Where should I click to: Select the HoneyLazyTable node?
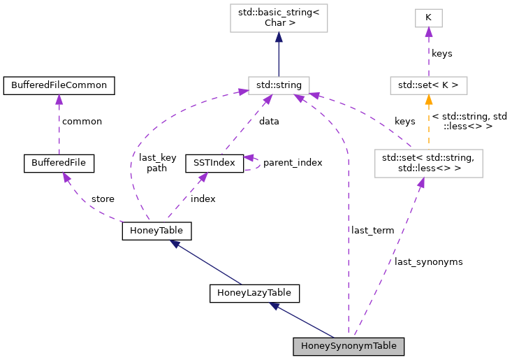254,293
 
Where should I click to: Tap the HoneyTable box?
156,231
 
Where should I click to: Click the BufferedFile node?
59,163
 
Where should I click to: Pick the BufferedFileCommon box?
59,85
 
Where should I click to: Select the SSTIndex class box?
214,163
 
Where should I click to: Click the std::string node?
279,85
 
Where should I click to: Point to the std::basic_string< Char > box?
279,17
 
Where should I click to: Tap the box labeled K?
428,17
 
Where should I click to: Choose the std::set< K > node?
428,85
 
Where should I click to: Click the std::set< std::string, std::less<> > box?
428,163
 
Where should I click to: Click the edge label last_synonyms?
428,261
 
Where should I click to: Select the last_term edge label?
372,230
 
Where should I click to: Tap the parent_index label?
293,163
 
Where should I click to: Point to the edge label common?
82,121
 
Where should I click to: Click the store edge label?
103,199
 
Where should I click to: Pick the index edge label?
203,199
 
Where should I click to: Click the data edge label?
269,121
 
